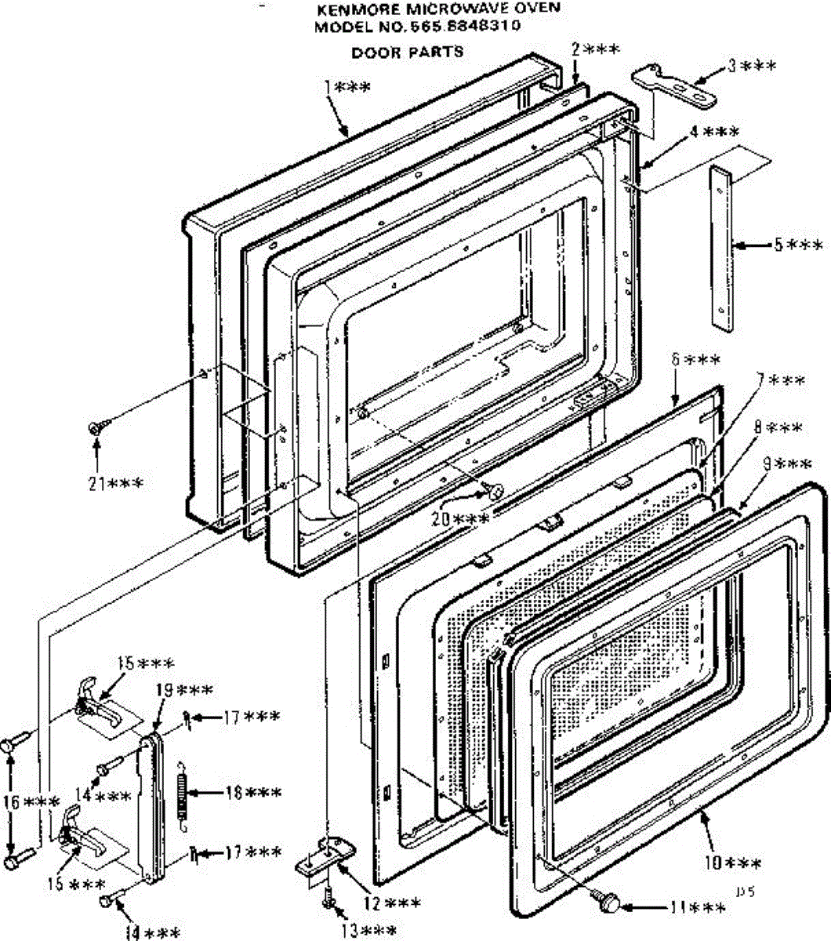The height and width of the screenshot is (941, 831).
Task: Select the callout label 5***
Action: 798,245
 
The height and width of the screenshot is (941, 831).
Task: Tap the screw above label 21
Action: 100,427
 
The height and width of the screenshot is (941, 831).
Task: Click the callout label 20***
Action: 465,518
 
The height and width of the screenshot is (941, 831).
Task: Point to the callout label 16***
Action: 31,802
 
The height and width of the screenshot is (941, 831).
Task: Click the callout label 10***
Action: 731,864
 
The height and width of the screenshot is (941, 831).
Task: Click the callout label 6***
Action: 695,361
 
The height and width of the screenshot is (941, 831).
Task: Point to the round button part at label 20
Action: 495,491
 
